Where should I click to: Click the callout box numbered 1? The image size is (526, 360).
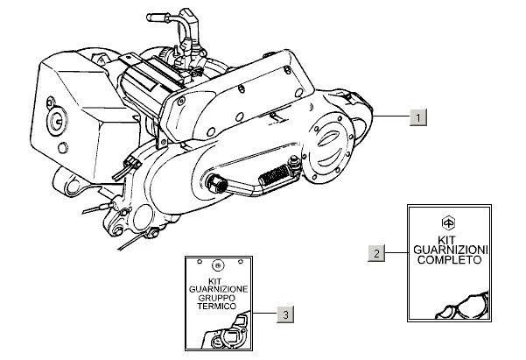419,117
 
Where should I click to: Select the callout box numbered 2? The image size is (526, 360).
377,253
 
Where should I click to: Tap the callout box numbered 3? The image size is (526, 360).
284,313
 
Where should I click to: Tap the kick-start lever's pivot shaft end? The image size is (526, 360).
213,182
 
